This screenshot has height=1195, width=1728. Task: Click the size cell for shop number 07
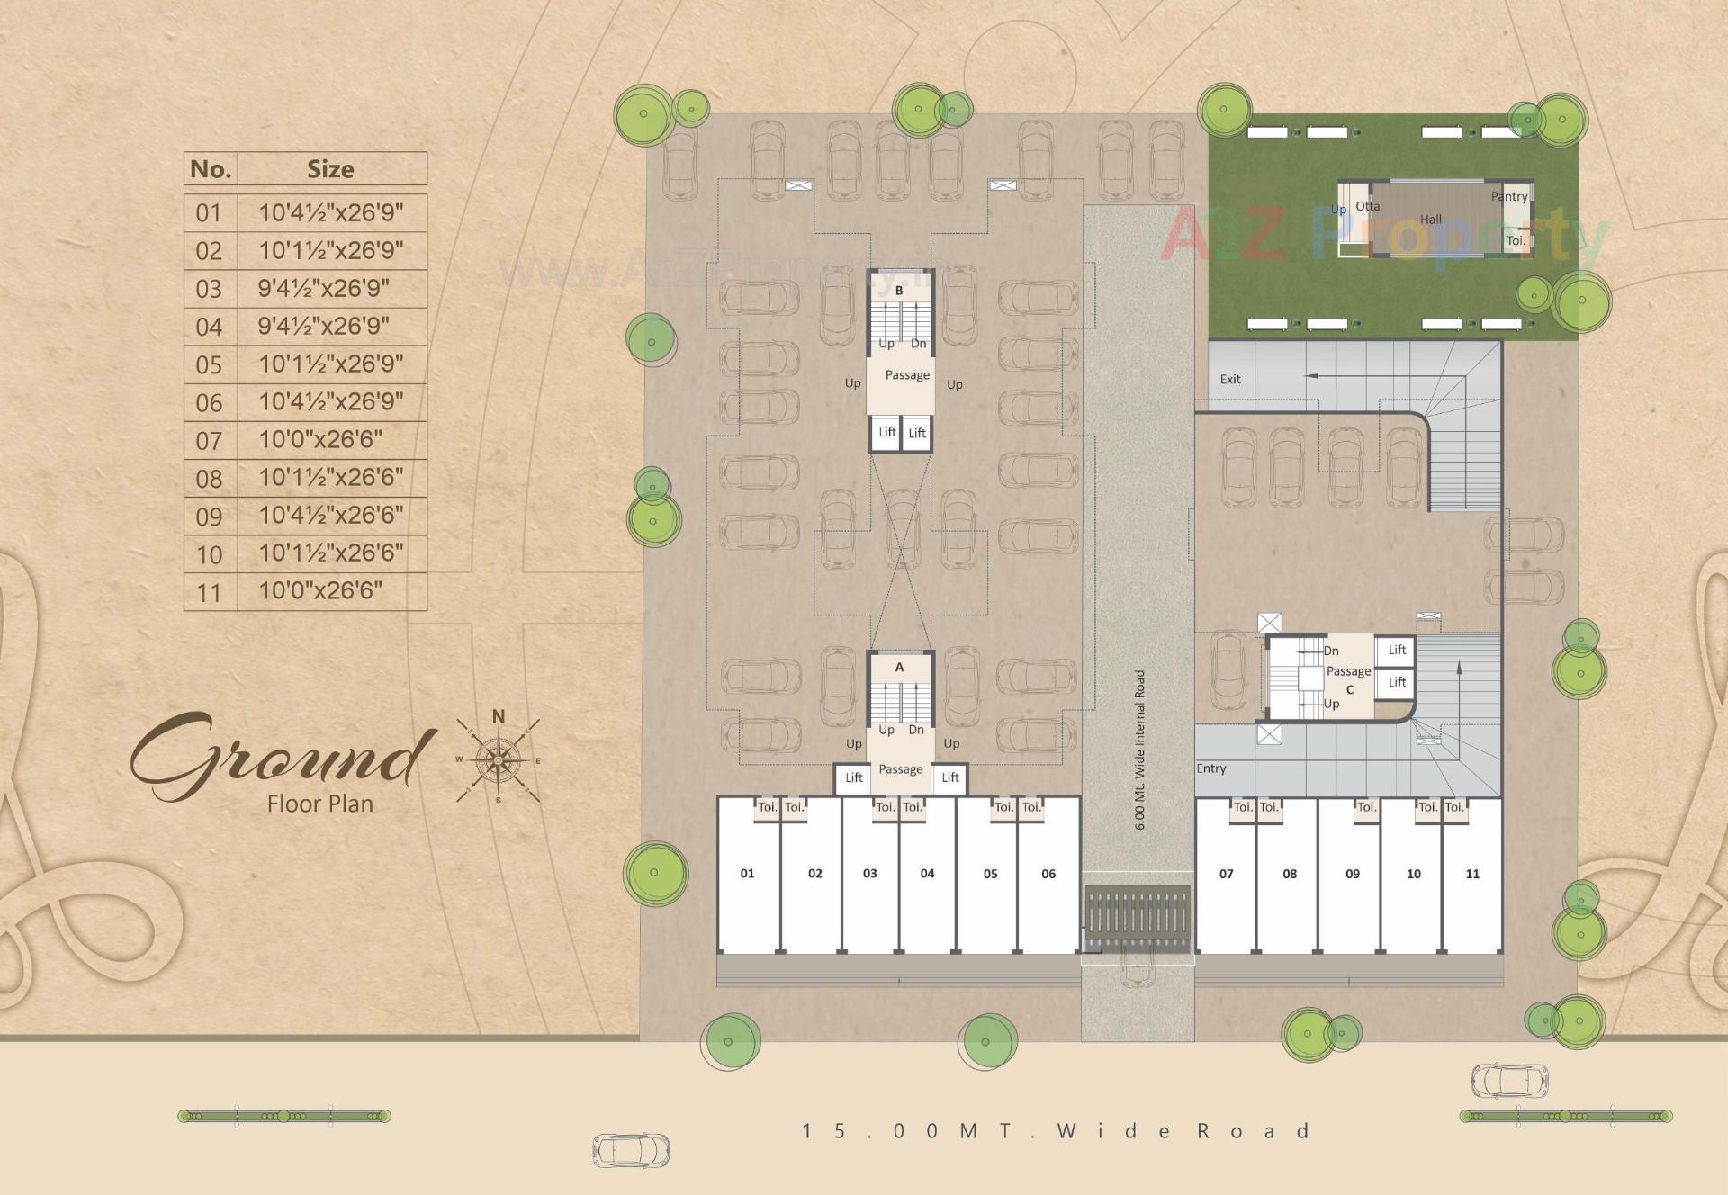click(x=320, y=440)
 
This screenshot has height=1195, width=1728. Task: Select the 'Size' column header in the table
click(x=330, y=169)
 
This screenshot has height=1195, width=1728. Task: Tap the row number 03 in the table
click(x=209, y=289)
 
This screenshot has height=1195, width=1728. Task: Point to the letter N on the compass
click(x=498, y=717)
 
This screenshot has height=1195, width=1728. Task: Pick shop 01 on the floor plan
click(x=747, y=874)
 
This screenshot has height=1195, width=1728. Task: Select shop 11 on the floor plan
click(x=1472, y=874)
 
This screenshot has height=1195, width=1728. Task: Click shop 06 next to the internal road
click(x=1048, y=874)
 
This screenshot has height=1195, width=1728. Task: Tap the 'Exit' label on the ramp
click(x=1230, y=380)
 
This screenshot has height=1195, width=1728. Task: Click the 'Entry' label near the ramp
click(x=1211, y=768)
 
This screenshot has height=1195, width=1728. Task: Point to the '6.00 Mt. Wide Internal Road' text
click(x=1140, y=750)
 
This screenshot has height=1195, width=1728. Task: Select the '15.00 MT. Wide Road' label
click(x=1055, y=1131)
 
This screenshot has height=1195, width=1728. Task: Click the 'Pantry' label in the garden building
click(x=1509, y=197)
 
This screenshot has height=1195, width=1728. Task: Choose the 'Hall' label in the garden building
click(x=1431, y=220)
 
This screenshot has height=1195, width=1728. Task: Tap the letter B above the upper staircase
click(x=899, y=291)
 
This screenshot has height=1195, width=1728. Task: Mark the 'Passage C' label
click(x=1349, y=680)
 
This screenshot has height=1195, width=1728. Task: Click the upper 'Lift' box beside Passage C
click(x=1397, y=650)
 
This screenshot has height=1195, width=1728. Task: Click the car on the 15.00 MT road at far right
click(x=1509, y=1081)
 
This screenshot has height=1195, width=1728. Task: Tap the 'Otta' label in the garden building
click(x=1368, y=206)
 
